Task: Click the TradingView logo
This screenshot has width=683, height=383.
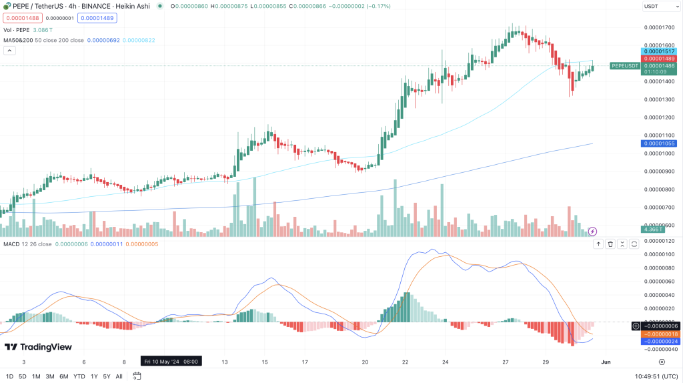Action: point(38,347)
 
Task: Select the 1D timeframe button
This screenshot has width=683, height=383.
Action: point(10,376)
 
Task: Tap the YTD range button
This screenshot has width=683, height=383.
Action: point(79,376)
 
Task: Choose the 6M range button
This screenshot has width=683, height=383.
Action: point(64,376)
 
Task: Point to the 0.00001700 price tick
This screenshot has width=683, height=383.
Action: point(659,28)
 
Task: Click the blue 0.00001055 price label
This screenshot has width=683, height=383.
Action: point(658,143)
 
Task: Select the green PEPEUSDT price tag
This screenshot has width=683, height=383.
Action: point(626,65)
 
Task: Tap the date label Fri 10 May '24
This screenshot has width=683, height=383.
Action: point(171,361)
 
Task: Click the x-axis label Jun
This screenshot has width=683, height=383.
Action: point(606,361)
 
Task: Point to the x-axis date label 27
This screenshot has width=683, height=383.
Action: point(506,361)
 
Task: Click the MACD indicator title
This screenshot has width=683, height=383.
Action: point(11,245)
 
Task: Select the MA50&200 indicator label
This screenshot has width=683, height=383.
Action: point(18,40)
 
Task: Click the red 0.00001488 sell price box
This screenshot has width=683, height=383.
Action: point(17,18)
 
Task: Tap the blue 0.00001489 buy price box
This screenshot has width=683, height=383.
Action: point(93,18)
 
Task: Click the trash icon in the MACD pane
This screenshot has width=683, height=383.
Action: point(610,244)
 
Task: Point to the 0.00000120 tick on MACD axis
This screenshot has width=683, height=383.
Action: point(659,241)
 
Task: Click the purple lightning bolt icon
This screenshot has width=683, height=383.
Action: point(592,231)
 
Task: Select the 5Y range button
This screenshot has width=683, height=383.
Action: point(106,376)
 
